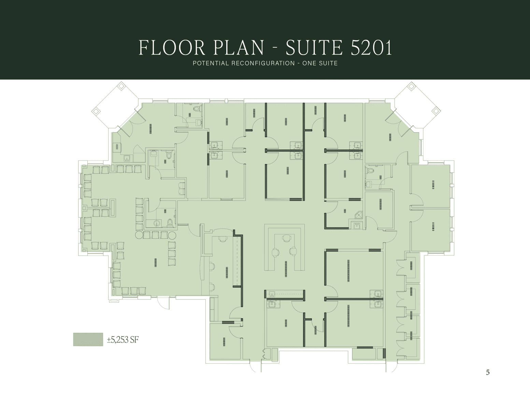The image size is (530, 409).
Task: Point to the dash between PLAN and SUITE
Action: point(275,48)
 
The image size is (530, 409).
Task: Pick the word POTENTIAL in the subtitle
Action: point(211,63)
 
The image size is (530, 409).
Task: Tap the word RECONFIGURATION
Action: point(263,63)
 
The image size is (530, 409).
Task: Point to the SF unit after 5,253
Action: point(134,340)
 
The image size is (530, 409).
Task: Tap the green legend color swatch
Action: point(88,339)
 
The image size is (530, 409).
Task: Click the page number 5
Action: point(488,373)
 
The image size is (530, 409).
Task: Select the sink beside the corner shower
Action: point(356,225)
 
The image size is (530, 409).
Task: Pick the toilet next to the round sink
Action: point(170,223)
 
